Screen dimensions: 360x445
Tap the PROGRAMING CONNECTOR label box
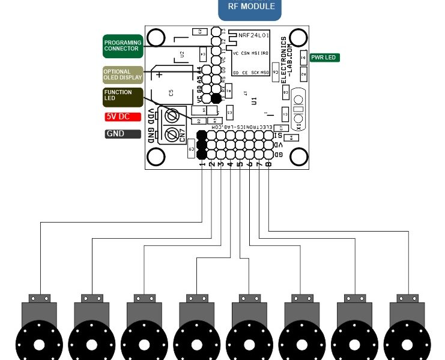(123, 46)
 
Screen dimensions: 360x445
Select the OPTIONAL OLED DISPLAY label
(123, 74)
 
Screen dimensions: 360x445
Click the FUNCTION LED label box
(123, 96)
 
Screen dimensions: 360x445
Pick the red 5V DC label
(123, 116)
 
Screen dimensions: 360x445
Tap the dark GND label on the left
(123, 134)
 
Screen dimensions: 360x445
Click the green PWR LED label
(324, 58)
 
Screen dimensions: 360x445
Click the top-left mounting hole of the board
(157, 37)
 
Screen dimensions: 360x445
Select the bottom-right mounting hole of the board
(298, 157)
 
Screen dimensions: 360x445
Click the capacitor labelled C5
(171, 93)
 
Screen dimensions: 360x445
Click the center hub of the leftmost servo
(39, 345)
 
